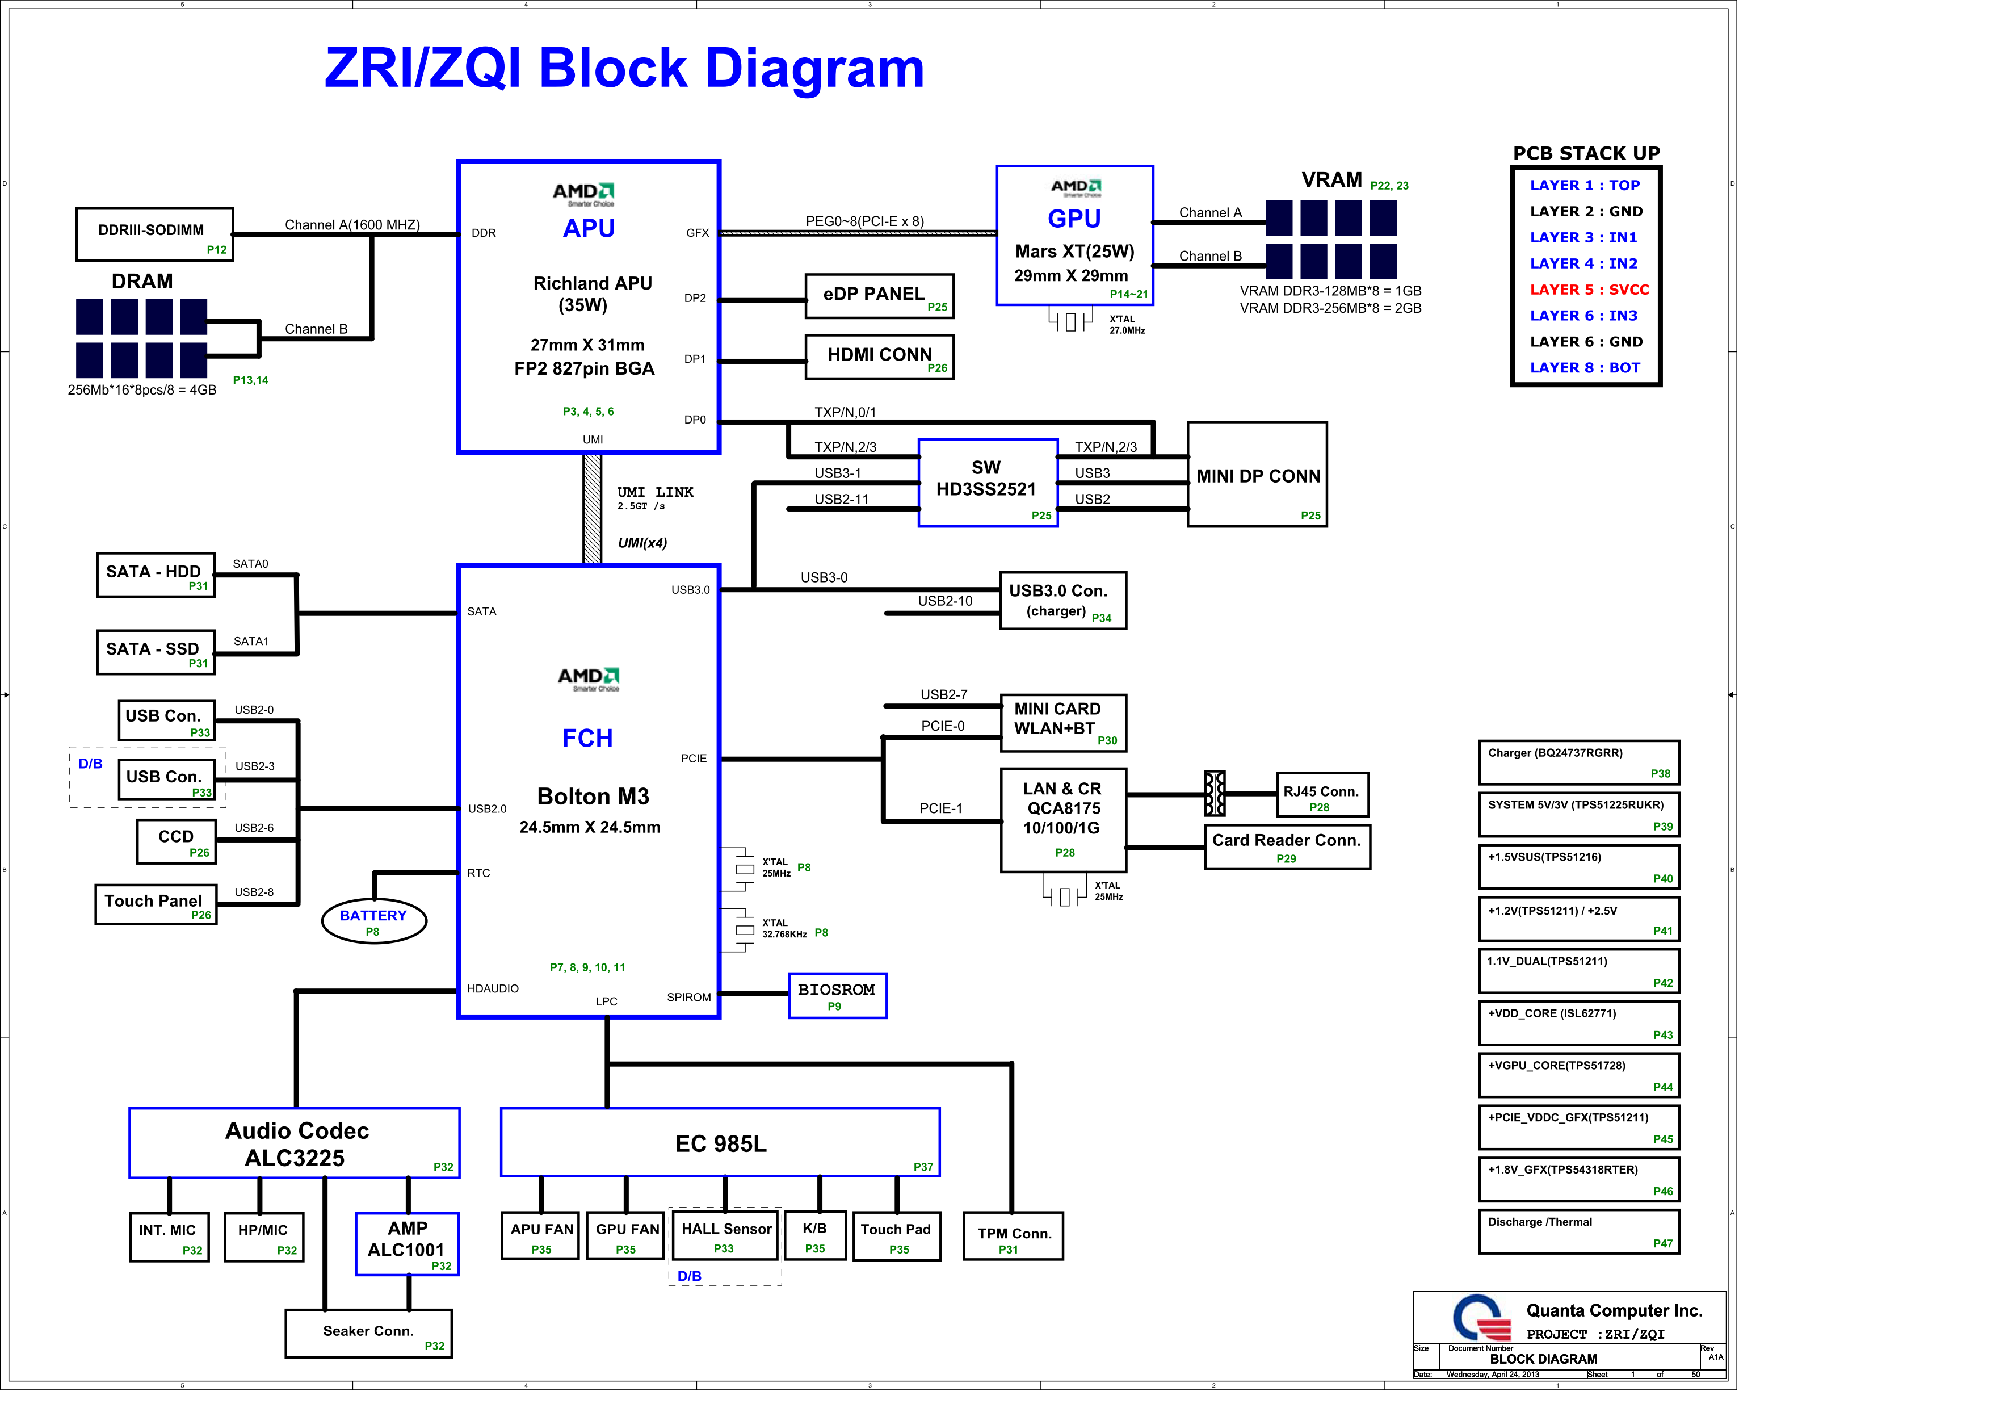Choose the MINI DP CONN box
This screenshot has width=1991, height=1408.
[1257, 475]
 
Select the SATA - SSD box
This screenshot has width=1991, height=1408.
[155, 652]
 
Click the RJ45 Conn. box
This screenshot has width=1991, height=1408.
[1321, 795]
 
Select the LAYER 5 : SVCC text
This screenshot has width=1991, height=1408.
[1589, 290]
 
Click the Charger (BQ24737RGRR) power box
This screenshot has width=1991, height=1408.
[1578, 762]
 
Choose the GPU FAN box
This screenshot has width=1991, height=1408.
[626, 1235]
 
